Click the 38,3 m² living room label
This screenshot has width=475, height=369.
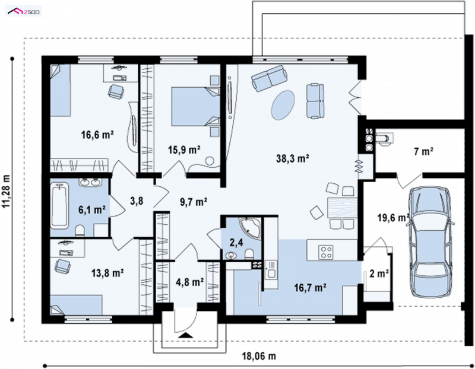click(x=292, y=158)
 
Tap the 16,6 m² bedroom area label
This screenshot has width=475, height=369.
click(x=97, y=135)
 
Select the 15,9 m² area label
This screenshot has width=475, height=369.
click(x=184, y=149)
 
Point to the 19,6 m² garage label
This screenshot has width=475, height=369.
click(x=393, y=217)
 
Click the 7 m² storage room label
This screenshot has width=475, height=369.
click(x=423, y=151)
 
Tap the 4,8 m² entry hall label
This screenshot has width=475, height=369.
click(x=189, y=282)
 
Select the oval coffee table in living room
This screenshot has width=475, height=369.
click(x=283, y=105)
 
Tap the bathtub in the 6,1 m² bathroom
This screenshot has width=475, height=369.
click(x=59, y=205)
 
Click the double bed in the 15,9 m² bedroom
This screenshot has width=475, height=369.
click(x=195, y=106)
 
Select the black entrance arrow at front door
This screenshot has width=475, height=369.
click(x=185, y=335)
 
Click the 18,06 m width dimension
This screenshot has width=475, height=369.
click(x=259, y=357)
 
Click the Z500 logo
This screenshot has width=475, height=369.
click(x=24, y=12)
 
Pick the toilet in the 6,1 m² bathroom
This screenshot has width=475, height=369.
click(x=80, y=231)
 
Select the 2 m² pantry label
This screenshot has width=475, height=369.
click(x=379, y=273)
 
